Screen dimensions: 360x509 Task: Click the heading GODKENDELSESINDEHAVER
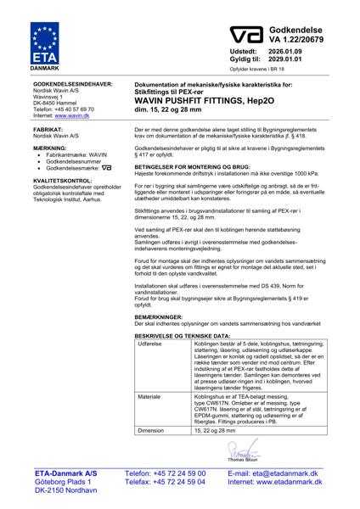click(71, 86)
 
